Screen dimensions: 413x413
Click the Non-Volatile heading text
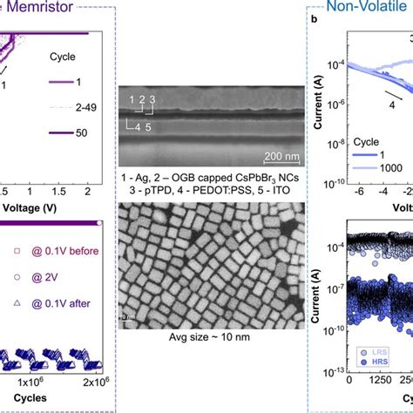click(x=362, y=8)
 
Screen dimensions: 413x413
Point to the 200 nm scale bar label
click(x=259, y=157)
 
